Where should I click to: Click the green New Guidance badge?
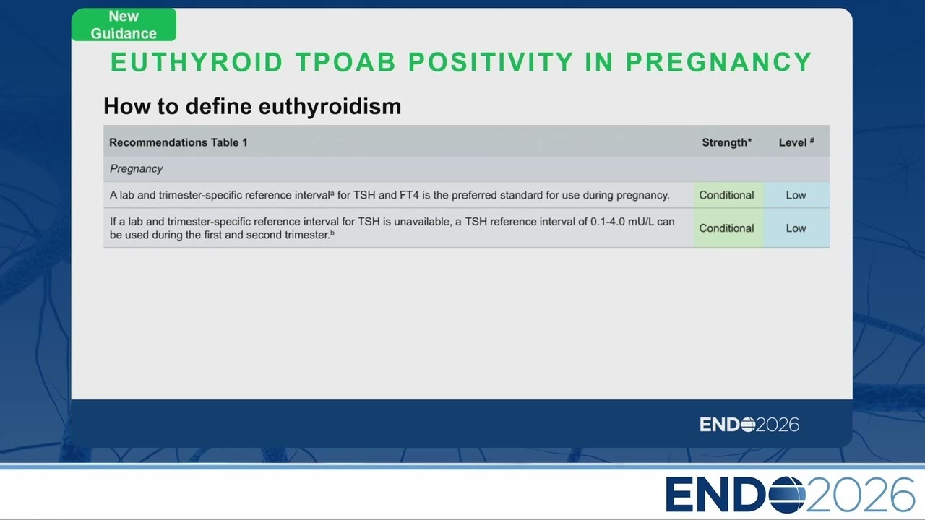tap(124, 25)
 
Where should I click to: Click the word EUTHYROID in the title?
tap(197, 62)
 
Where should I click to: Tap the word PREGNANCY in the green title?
tap(719, 62)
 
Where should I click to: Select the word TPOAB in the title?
tap(345, 62)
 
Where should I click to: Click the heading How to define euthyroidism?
tap(252, 106)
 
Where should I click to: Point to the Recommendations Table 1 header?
tap(178, 142)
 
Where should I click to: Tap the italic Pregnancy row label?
tap(136, 169)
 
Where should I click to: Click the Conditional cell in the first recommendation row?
tap(726, 195)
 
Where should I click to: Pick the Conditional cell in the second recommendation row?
tap(726, 227)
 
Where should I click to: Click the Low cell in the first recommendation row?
tap(796, 195)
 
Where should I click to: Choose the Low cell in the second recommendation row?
tap(796, 227)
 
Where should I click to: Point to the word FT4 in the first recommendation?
tap(409, 195)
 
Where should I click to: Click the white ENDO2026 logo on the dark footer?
tap(749, 425)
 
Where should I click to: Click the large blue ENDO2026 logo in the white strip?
tap(790, 495)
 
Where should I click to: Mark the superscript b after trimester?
tap(332, 233)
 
